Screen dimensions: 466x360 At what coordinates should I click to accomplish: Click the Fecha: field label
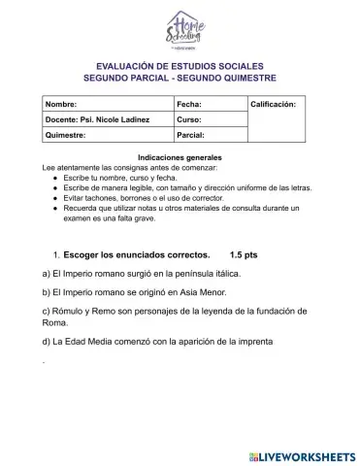pyautogui.click(x=189, y=102)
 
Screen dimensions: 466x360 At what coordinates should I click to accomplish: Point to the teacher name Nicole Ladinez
pyautogui.click(x=125, y=119)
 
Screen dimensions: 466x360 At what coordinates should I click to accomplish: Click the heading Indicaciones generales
pyautogui.click(x=180, y=157)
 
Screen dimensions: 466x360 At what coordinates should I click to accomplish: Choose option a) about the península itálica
pyautogui.click(x=141, y=274)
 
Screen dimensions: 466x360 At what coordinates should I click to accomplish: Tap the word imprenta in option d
pyautogui.click(x=253, y=341)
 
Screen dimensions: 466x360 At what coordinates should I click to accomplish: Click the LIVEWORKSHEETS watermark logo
pyautogui.click(x=303, y=454)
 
